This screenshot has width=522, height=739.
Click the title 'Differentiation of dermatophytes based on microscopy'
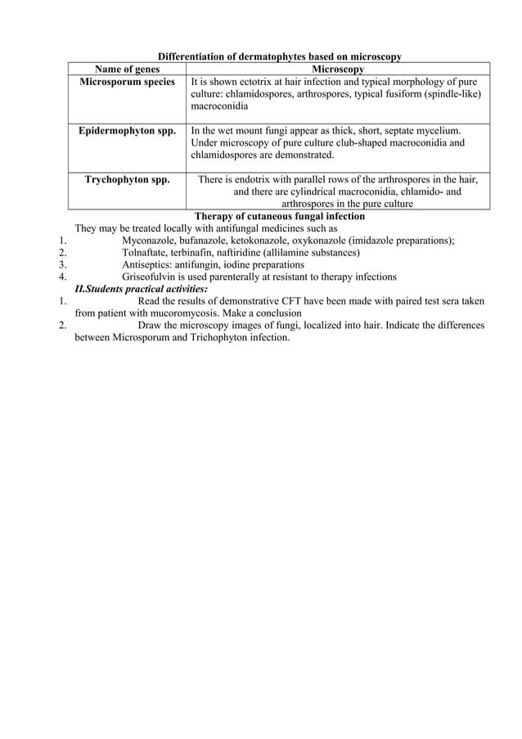pyautogui.click(x=279, y=56)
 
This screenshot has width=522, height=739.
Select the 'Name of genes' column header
pyautogui.click(x=127, y=70)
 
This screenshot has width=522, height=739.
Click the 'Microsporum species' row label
pyautogui.click(x=127, y=82)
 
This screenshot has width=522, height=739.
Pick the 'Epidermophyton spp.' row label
pyautogui.click(x=127, y=131)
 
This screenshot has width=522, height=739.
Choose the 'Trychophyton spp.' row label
pyautogui.click(x=127, y=180)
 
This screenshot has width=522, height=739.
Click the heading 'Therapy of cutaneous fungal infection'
pyautogui.click(x=279, y=216)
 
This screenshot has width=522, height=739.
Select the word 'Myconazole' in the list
pyautogui.click(x=149, y=241)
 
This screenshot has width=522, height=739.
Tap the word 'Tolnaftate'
pyautogui.click(x=146, y=253)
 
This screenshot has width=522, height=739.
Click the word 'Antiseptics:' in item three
pyautogui.click(x=146, y=265)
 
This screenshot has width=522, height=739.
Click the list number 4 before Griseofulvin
pyautogui.click(x=62, y=277)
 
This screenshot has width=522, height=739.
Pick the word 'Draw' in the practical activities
pyautogui.click(x=151, y=325)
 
